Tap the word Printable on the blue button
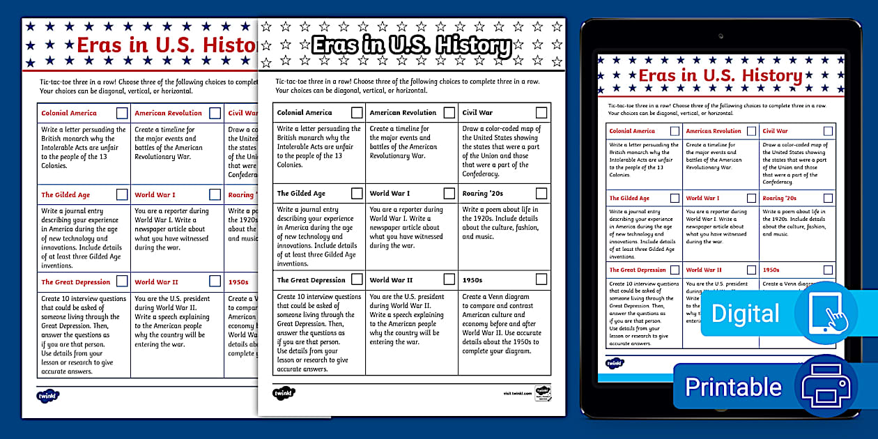(x=733, y=387)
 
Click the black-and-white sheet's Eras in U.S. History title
(x=411, y=46)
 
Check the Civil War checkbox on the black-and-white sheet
(x=541, y=112)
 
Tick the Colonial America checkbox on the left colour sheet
(x=122, y=113)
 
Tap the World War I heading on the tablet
(x=702, y=198)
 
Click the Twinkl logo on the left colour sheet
(x=48, y=395)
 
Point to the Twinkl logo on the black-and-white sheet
(x=284, y=393)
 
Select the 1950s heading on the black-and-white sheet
(x=472, y=280)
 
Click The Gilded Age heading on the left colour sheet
(x=66, y=195)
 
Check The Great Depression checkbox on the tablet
(x=674, y=270)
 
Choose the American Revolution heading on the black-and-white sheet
(x=403, y=112)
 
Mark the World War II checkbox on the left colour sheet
(x=215, y=282)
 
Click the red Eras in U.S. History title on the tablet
(x=721, y=75)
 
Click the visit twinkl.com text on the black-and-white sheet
(x=517, y=393)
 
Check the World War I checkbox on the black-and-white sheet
(x=449, y=193)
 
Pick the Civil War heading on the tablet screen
(x=775, y=131)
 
